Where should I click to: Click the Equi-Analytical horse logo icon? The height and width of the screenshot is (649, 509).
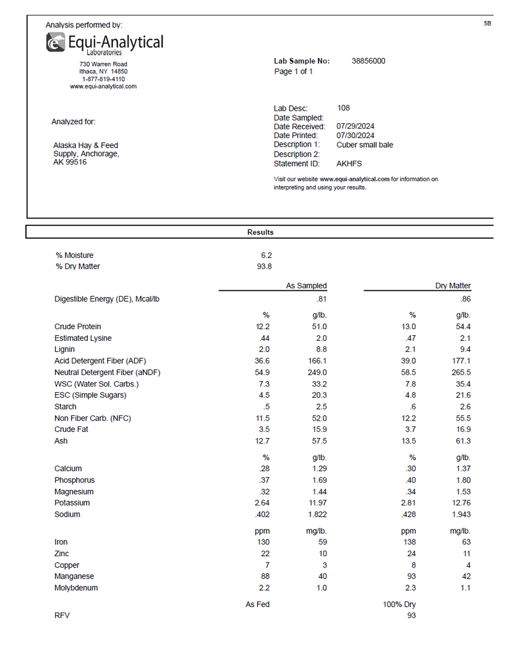(56, 42)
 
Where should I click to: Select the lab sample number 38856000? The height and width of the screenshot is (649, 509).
(368, 61)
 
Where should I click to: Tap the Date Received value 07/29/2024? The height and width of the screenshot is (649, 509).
(355, 126)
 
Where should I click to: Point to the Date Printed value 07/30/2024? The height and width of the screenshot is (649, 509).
(355, 135)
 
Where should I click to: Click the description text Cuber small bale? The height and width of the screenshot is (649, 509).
(365, 145)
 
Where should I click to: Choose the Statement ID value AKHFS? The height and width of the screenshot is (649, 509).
(349, 164)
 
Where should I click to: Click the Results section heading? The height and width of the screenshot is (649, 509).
(260, 232)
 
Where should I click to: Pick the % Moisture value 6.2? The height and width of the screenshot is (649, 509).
(266, 255)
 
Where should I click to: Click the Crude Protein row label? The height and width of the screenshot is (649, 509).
(78, 327)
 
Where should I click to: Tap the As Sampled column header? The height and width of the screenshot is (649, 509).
(306, 286)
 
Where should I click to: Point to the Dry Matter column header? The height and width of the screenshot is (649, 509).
(453, 286)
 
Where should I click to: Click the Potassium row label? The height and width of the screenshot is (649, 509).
(72, 503)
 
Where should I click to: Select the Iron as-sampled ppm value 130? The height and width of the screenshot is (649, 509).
(263, 542)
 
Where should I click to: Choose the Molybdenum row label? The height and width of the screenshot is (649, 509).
(76, 588)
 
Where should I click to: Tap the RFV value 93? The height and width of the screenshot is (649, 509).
(411, 616)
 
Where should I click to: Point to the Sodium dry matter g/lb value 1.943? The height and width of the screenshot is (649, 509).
(461, 515)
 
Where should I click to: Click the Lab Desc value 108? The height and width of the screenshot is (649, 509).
(343, 108)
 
